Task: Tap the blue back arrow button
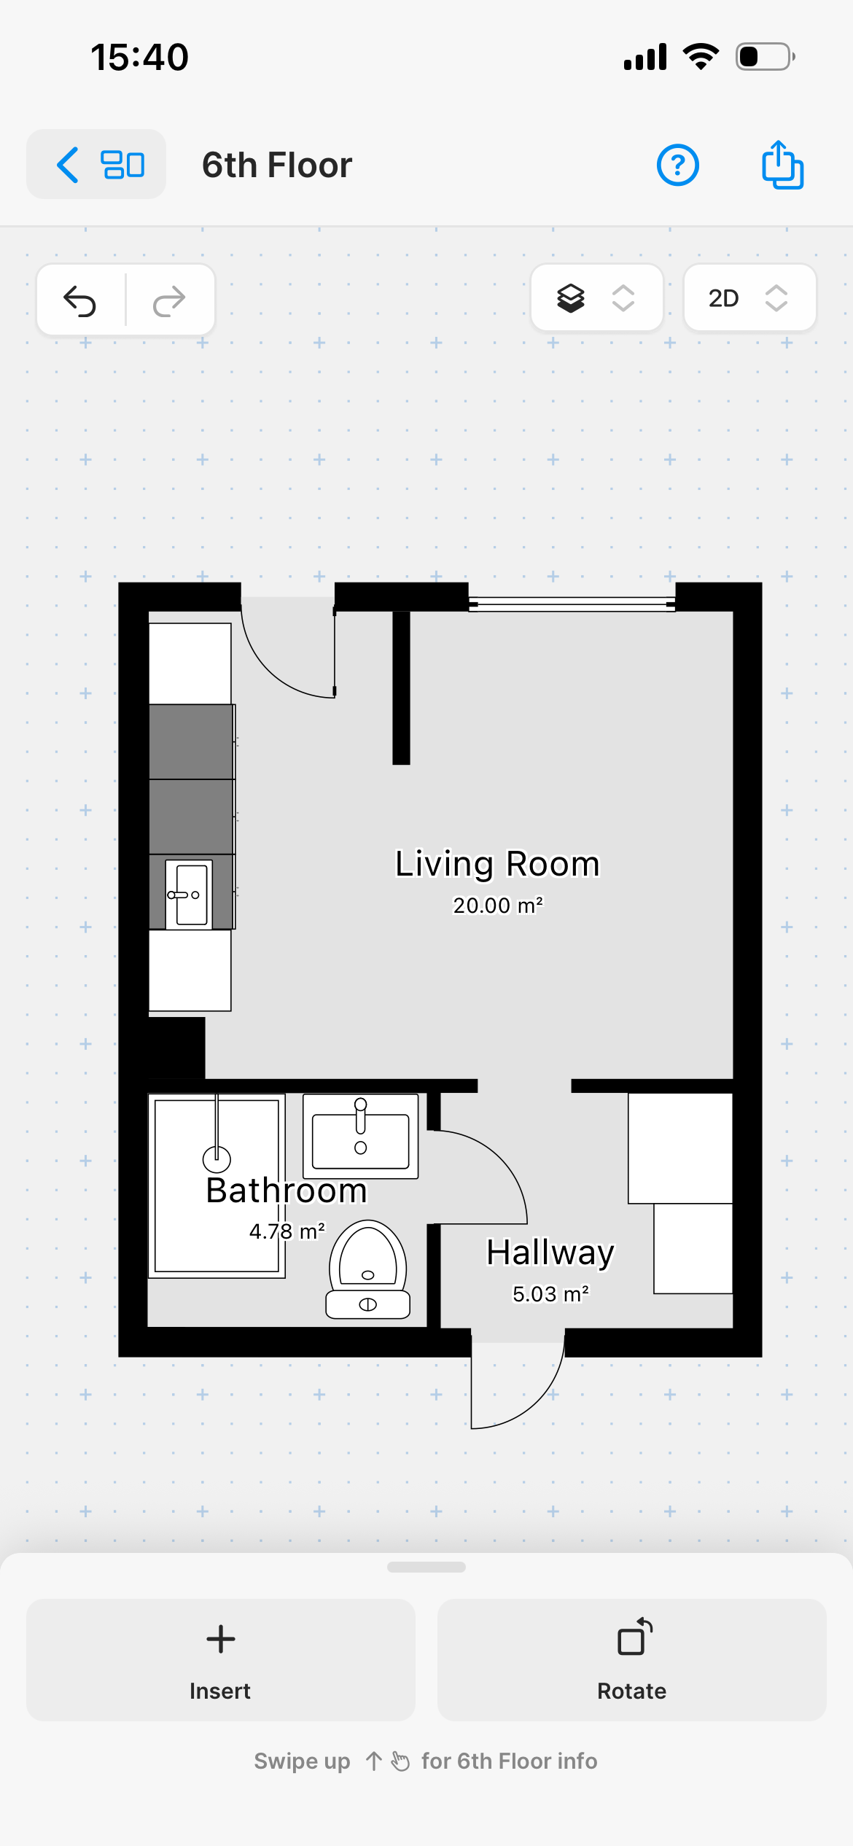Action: coord(68,165)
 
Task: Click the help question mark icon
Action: coord(678,165)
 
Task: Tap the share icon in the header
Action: coord(782,165)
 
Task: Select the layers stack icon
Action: coord(571,298)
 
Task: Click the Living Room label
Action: coord(497,864)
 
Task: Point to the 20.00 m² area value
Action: coord(498,906)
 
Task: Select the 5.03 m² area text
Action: coord(550,1294)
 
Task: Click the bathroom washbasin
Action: coord(361,1137)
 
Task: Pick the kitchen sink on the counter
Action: coord(189,895)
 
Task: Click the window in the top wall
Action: coord(572,604)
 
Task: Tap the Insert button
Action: coord(221,1660)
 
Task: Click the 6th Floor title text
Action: coord(277,165)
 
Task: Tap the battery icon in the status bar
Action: coord(765,57)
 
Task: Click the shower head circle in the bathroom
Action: coord(217,1158)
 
